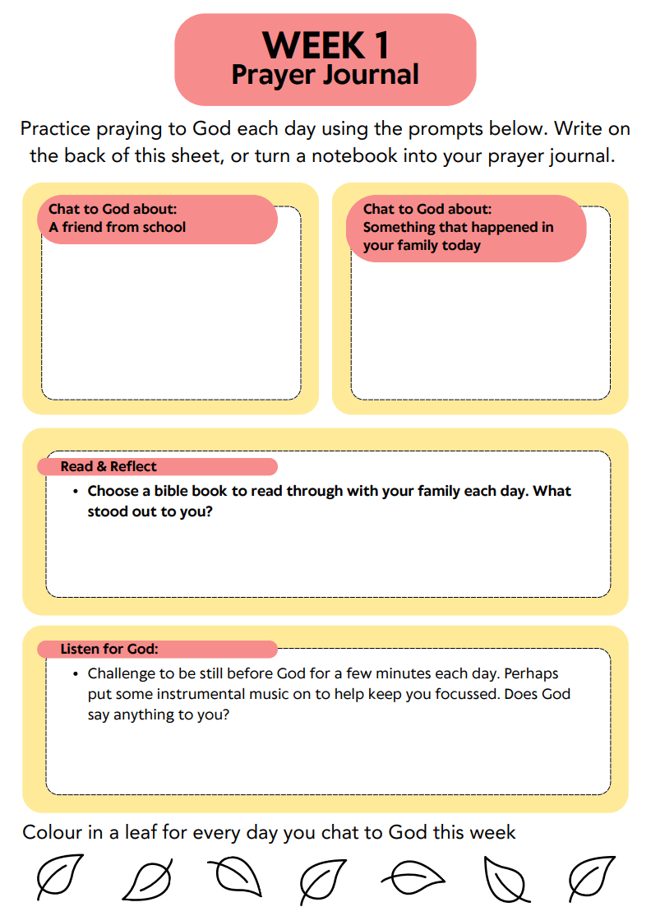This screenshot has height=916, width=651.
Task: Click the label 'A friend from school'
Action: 118,227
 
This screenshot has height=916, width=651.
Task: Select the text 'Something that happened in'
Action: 458,227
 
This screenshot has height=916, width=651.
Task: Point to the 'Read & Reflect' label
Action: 108,466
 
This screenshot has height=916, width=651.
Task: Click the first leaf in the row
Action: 60,877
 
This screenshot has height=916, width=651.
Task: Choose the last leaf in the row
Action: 592,877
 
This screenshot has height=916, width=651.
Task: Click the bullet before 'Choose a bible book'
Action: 75,492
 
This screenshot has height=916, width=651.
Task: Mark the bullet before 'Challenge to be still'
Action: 75,674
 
